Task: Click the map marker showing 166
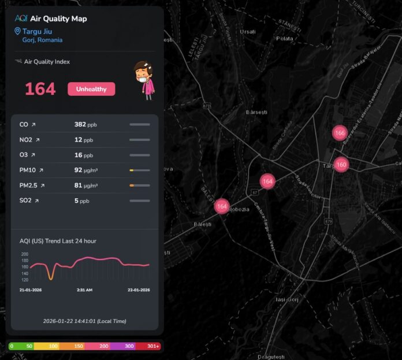pyautogui.click(x=340, y=132)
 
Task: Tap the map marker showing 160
pyautogui.click(x=341, y=164)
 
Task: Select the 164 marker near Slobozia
pyautogui.click(x=222, y=206)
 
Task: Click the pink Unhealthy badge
pyautogui.click(x=91, y=89)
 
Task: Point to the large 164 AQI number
pyautogui.click(x=40, y=89)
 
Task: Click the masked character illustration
pyautogui.click(x=143, y=80)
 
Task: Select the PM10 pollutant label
pyautogui.click(x=28, y=170)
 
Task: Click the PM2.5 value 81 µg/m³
pyautogui.click(x=85, y=185)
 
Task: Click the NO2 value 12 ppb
pyautogui.click(x=83, y=140)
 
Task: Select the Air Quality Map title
pyautogui.click(x=58, y=18)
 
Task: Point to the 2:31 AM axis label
pyautogui.click(x=84, y=290)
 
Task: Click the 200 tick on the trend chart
pyautogui.click(x=24, y=254)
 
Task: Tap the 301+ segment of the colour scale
pyautogui.click(x=152, y=346)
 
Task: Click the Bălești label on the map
pyautogui.click(x=203, y=224)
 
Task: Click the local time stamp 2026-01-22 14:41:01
pyautogui.click(x=84, y=321)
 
